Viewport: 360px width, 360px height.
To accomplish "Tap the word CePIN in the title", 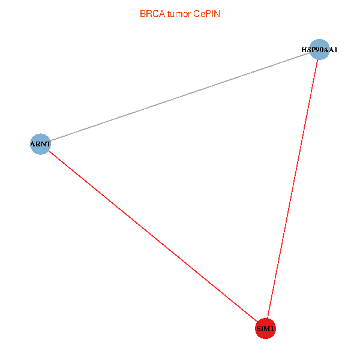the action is point(207,13).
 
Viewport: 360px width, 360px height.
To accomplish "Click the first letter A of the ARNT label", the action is point(33,144).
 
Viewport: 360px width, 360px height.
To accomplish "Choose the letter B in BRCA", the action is point(143,13).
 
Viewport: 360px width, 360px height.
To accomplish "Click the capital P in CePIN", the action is point(208,13).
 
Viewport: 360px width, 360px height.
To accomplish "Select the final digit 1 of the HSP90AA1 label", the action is point(335,50).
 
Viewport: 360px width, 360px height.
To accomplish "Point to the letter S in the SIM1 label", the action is point(259,329).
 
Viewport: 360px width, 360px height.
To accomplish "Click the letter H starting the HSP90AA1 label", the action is point(304,50).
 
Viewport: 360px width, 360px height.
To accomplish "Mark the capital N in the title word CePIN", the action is point(217,13).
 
